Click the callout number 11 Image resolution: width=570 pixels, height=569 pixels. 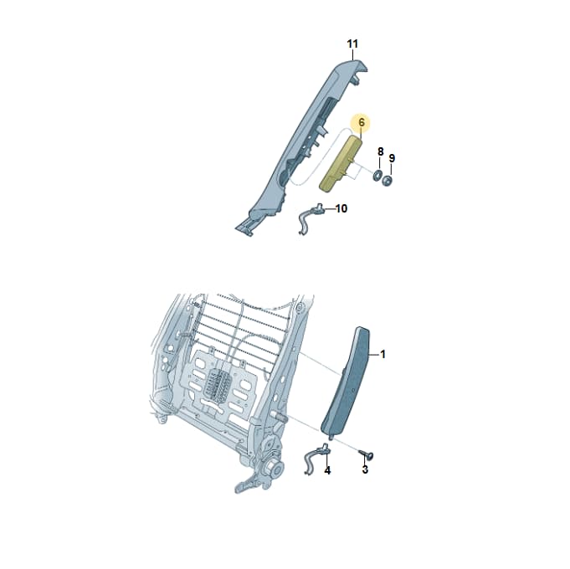coord(352,44)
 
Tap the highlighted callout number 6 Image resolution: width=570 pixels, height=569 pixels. coord(361,122)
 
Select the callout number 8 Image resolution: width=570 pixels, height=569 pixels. coord(380,151)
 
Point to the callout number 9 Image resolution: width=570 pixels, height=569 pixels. coord(392,158)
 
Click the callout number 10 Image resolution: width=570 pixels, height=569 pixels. coord(341,208)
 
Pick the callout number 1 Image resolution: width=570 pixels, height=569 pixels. coord(383,354)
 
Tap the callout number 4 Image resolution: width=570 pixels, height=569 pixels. coord(327,470)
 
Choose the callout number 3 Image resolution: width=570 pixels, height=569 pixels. coord(365,469)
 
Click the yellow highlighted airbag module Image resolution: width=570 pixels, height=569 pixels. coord(341,163)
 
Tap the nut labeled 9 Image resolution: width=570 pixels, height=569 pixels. coord(387,180)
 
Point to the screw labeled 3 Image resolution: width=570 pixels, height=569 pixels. coord(367,454)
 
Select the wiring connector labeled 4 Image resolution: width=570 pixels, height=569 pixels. coord(316,459)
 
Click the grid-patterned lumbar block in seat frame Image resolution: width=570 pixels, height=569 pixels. coord(218,385)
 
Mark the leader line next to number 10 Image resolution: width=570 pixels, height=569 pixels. coord(329,209)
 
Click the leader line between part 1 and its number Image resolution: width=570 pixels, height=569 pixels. coord(374,354)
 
